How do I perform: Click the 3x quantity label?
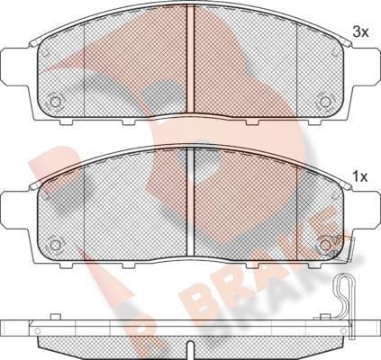pyautogui.click(x=360, y=31)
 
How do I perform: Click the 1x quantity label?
pyautogui.click(x=360, y=177)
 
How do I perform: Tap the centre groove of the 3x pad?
pyautogui.click(x=190, y=58)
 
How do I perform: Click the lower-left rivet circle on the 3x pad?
pyautogui.click(x=55, y=102)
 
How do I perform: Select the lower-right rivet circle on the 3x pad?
pyautogui.click(x=325, y=102)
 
